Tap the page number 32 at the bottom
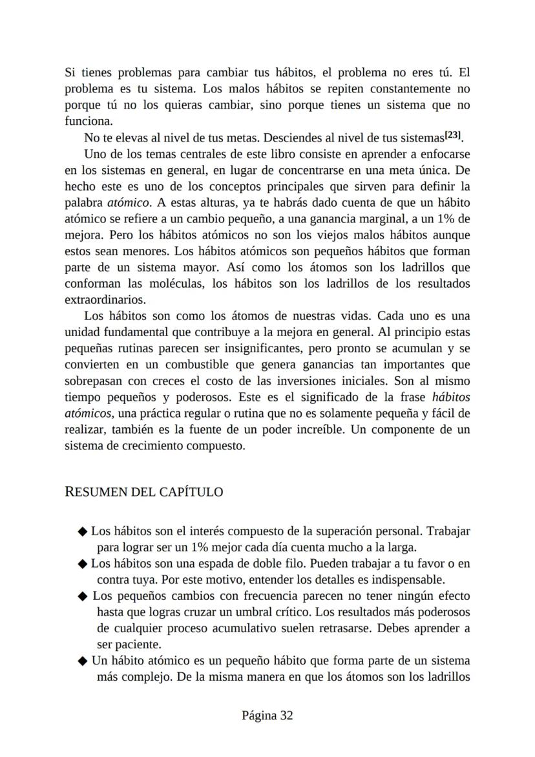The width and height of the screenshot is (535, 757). pyautogui.click(x=286, y=715)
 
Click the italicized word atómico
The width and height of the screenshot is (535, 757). pyautogui.click(x=129, y=202)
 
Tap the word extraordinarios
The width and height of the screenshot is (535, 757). pyautogui.click(x=105, y=300)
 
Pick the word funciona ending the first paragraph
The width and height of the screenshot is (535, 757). pyautogui.click(x=89, y=121)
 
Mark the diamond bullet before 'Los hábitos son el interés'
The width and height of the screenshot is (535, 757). pyautogui.click(x=82, y=532)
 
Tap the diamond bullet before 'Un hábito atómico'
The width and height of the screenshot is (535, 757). pyautogui.click(x=82, y=661)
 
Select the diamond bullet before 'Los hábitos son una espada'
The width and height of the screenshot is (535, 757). pyautogui.click(x=82, y=564)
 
